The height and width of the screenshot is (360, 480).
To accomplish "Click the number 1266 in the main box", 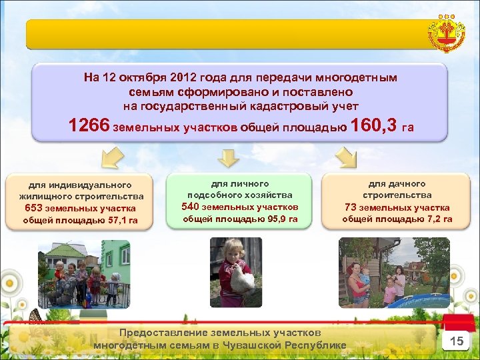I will pos(90,125).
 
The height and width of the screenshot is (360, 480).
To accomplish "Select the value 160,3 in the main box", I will pos(373,125).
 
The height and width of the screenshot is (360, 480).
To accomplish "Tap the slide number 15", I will pos(457,341).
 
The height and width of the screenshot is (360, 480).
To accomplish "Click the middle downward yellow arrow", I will pos(229,158).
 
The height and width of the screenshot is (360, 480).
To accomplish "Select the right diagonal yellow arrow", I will pos(346,158).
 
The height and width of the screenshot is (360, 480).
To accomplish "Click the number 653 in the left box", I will pos(34,208).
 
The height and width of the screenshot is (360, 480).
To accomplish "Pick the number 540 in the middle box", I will pos(192,207).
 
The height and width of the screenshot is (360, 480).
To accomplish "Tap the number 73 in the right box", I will pos(351,207).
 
